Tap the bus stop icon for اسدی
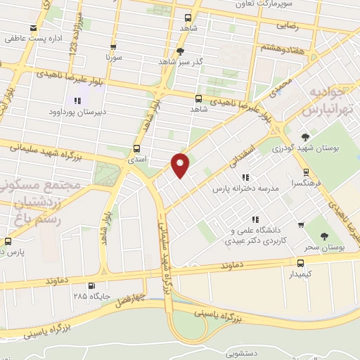[x=136, y=148]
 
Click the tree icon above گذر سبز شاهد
[x=180, y=51]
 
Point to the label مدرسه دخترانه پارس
[x=243, y=189]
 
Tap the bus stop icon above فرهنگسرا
[x=305, y=172]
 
